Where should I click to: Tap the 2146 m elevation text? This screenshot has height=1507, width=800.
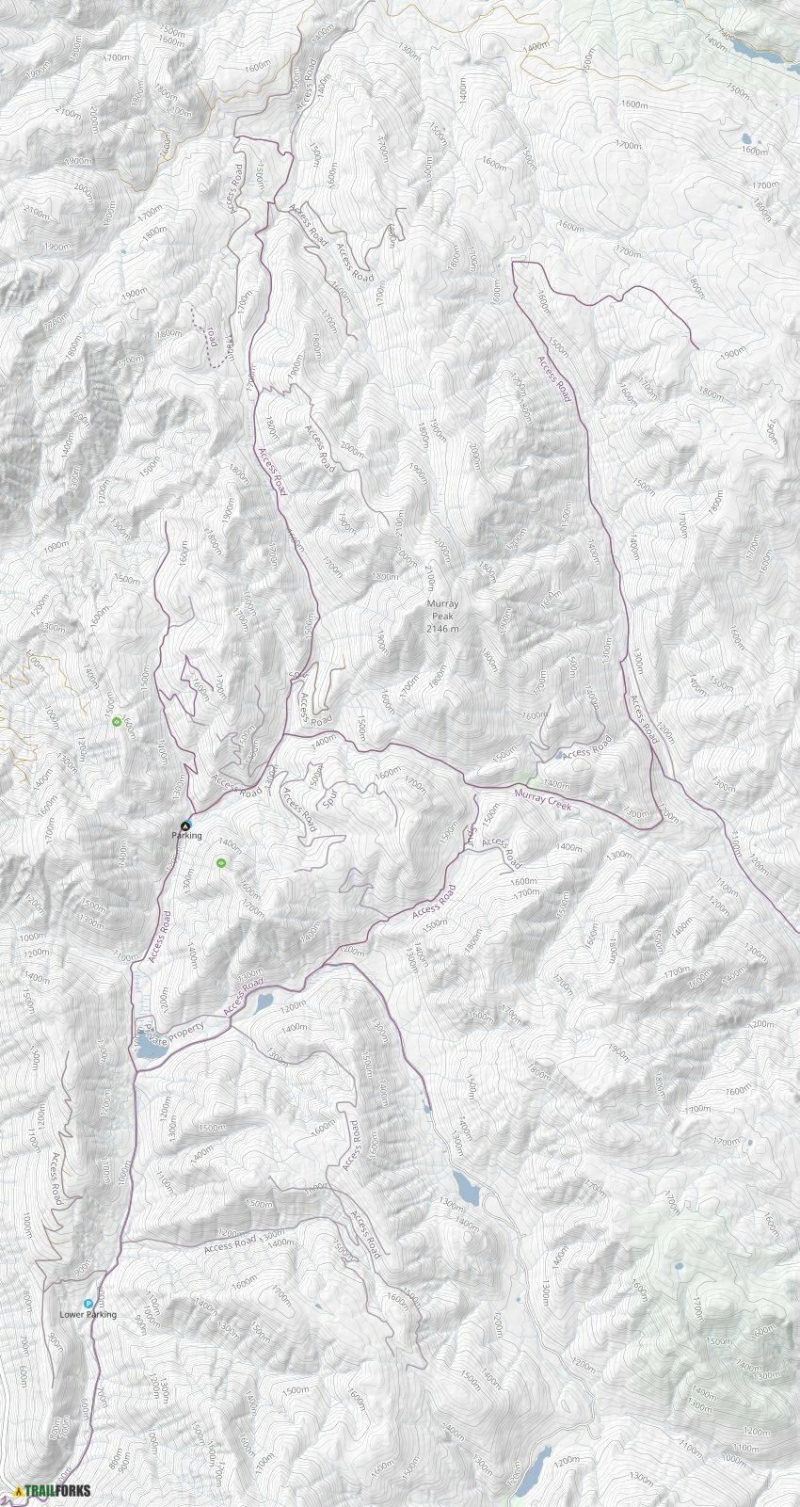point(442,628)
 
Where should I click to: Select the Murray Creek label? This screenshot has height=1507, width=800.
point(543,802)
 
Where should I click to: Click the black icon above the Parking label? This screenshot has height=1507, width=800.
point(184,825)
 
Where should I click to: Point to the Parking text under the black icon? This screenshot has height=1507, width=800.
point(186,836)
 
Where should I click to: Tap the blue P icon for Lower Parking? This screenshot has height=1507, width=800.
point(88,1304)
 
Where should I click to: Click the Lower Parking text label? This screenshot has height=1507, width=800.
point(88,1315)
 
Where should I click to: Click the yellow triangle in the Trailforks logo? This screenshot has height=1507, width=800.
point(19,1491)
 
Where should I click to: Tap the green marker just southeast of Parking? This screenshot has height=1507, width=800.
point(221,861)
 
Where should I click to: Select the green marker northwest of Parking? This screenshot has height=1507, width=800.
point(116,722)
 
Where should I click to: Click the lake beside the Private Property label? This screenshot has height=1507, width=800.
point(148,1046)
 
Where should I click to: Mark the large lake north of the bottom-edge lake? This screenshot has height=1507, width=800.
point(464,1189)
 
